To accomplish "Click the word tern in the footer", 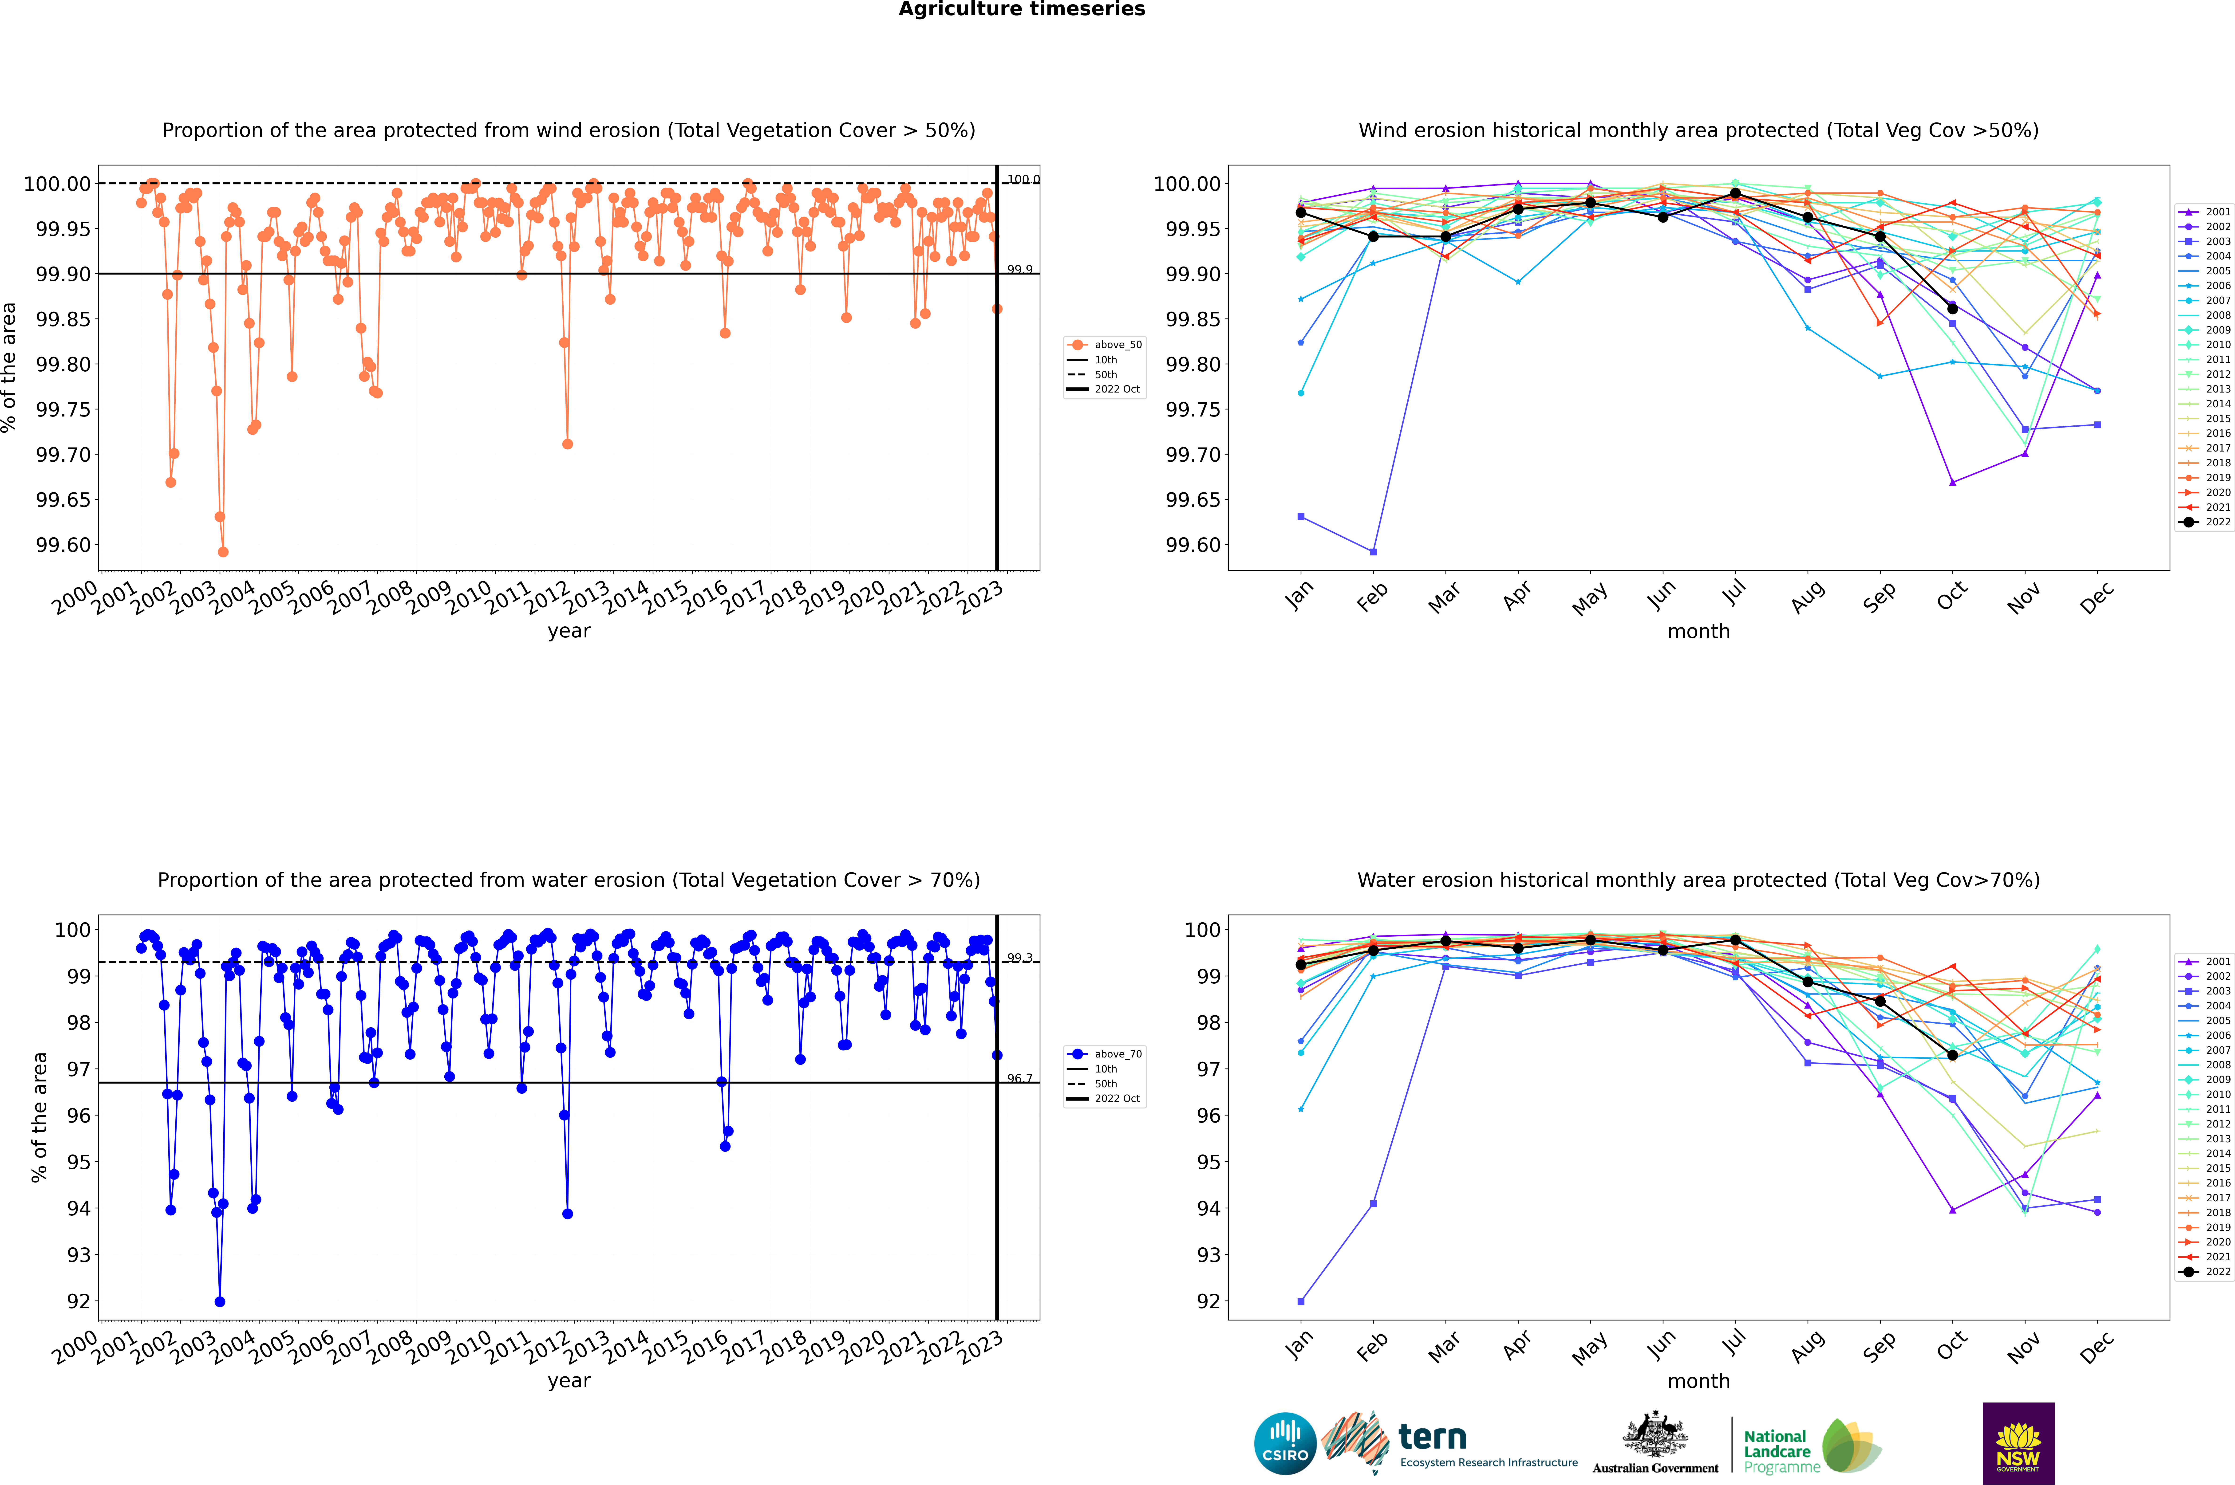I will [x=1433, y=1438].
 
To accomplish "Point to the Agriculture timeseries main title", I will [x=1021, y=9].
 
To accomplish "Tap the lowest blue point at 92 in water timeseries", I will [x=220, y=1301].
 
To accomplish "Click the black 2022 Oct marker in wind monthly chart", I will [x=1953, y=309].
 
